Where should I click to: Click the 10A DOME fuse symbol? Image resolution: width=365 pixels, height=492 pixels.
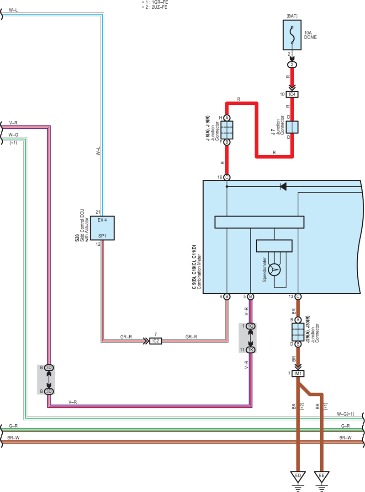pos(292,35)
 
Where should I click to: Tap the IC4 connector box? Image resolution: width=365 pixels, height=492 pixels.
pos(292,94)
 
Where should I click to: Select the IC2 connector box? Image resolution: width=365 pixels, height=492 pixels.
pos(156,341)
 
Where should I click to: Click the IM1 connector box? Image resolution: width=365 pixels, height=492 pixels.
pos(298,373)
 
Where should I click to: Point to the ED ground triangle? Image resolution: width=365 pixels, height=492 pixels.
pos(298,476)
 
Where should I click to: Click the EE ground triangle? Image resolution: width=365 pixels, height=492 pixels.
pos(322,476)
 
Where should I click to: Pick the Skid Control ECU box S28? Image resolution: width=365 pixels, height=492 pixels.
pos(102,228)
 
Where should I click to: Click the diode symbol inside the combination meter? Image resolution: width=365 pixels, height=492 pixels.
pos(283,186)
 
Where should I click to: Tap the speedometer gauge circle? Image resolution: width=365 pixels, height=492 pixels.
pos(275,270)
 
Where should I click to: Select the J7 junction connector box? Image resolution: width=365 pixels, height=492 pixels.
pos(292,127)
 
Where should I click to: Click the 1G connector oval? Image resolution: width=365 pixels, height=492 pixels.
pos(250,326)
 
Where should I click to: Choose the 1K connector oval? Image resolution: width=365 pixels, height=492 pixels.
pos(250,350)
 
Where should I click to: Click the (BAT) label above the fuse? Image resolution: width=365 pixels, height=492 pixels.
pos(292,16)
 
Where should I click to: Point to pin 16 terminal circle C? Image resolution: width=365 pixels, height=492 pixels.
pos(227,177)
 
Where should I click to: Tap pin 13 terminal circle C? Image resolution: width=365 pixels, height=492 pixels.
pos(298,297)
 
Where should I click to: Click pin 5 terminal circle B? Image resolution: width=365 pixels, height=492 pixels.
pos(250,297)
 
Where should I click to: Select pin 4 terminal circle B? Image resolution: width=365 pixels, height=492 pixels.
pos(227,297)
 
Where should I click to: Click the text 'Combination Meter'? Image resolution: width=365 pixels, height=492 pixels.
pos(199,271)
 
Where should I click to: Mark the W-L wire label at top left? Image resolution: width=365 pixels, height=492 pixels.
pos(13,10)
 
